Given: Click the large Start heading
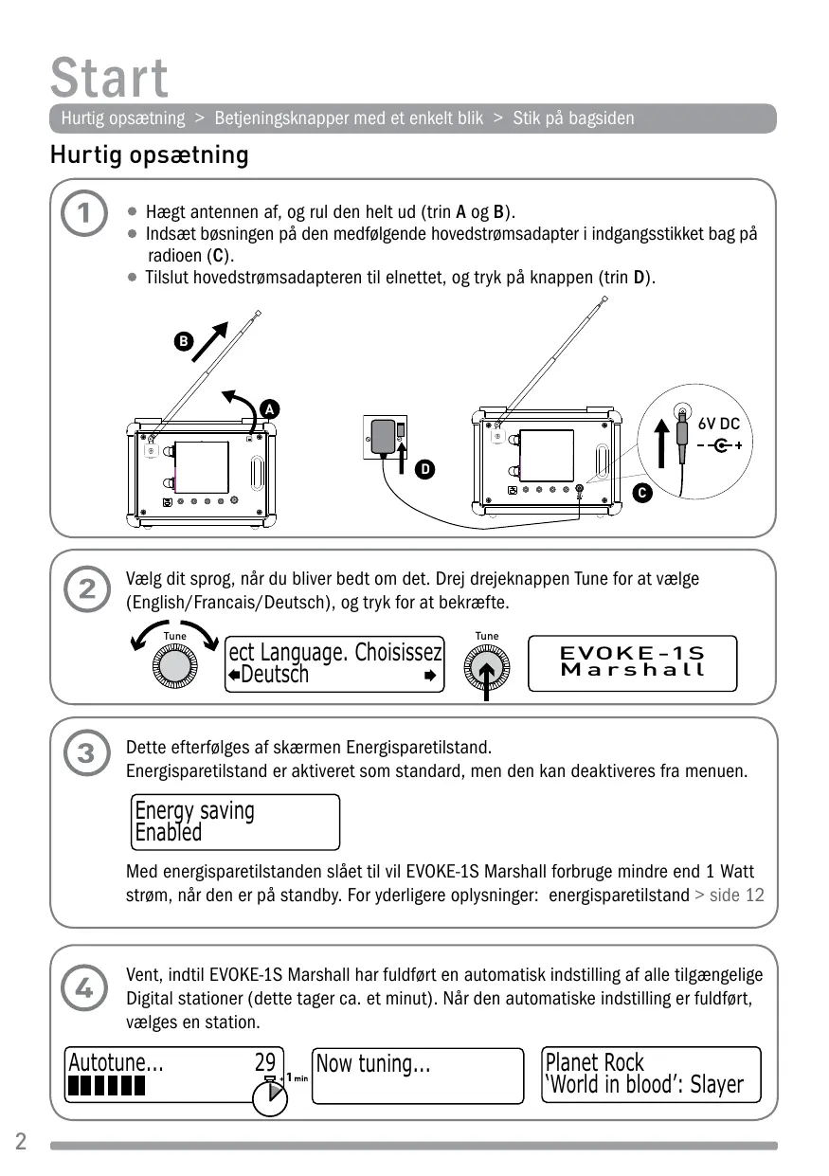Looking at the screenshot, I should pos(110,78).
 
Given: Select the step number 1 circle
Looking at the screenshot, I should pos(84,214).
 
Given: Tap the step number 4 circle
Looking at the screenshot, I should pos(84,988).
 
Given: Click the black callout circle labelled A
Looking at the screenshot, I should pos(270,409).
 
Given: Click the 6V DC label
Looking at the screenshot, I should pos(718,425).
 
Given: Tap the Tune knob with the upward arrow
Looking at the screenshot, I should pos(486,669).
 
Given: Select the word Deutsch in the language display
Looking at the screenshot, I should pos(275,675).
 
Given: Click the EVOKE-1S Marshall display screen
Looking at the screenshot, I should pos(632,662).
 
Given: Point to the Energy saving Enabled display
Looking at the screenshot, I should pos(235,822).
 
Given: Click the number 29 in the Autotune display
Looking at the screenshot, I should pos(265,1062).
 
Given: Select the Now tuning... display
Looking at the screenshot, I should pos(417,1075).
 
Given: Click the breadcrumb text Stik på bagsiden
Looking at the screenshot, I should pos(573,118).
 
